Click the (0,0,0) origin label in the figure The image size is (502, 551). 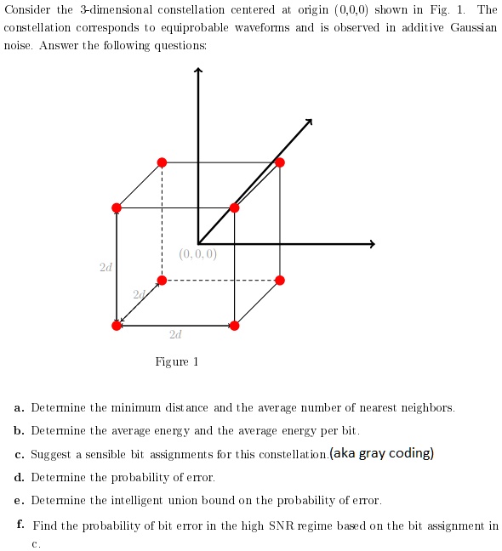198,254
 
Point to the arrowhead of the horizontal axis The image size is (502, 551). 370,245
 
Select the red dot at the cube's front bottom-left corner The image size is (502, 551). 117,325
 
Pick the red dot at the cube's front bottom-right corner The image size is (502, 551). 235,325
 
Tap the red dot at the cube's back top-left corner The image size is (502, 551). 162,162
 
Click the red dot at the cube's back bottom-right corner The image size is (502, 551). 280,280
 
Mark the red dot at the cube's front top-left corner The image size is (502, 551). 117,207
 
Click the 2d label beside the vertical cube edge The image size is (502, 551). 105,267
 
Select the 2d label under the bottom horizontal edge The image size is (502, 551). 174,336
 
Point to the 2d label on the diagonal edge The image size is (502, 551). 138,294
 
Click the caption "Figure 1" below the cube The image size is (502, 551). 176,362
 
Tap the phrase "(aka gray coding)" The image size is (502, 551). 382,452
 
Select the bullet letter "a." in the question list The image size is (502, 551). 19,408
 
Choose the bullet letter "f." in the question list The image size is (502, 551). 19,525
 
